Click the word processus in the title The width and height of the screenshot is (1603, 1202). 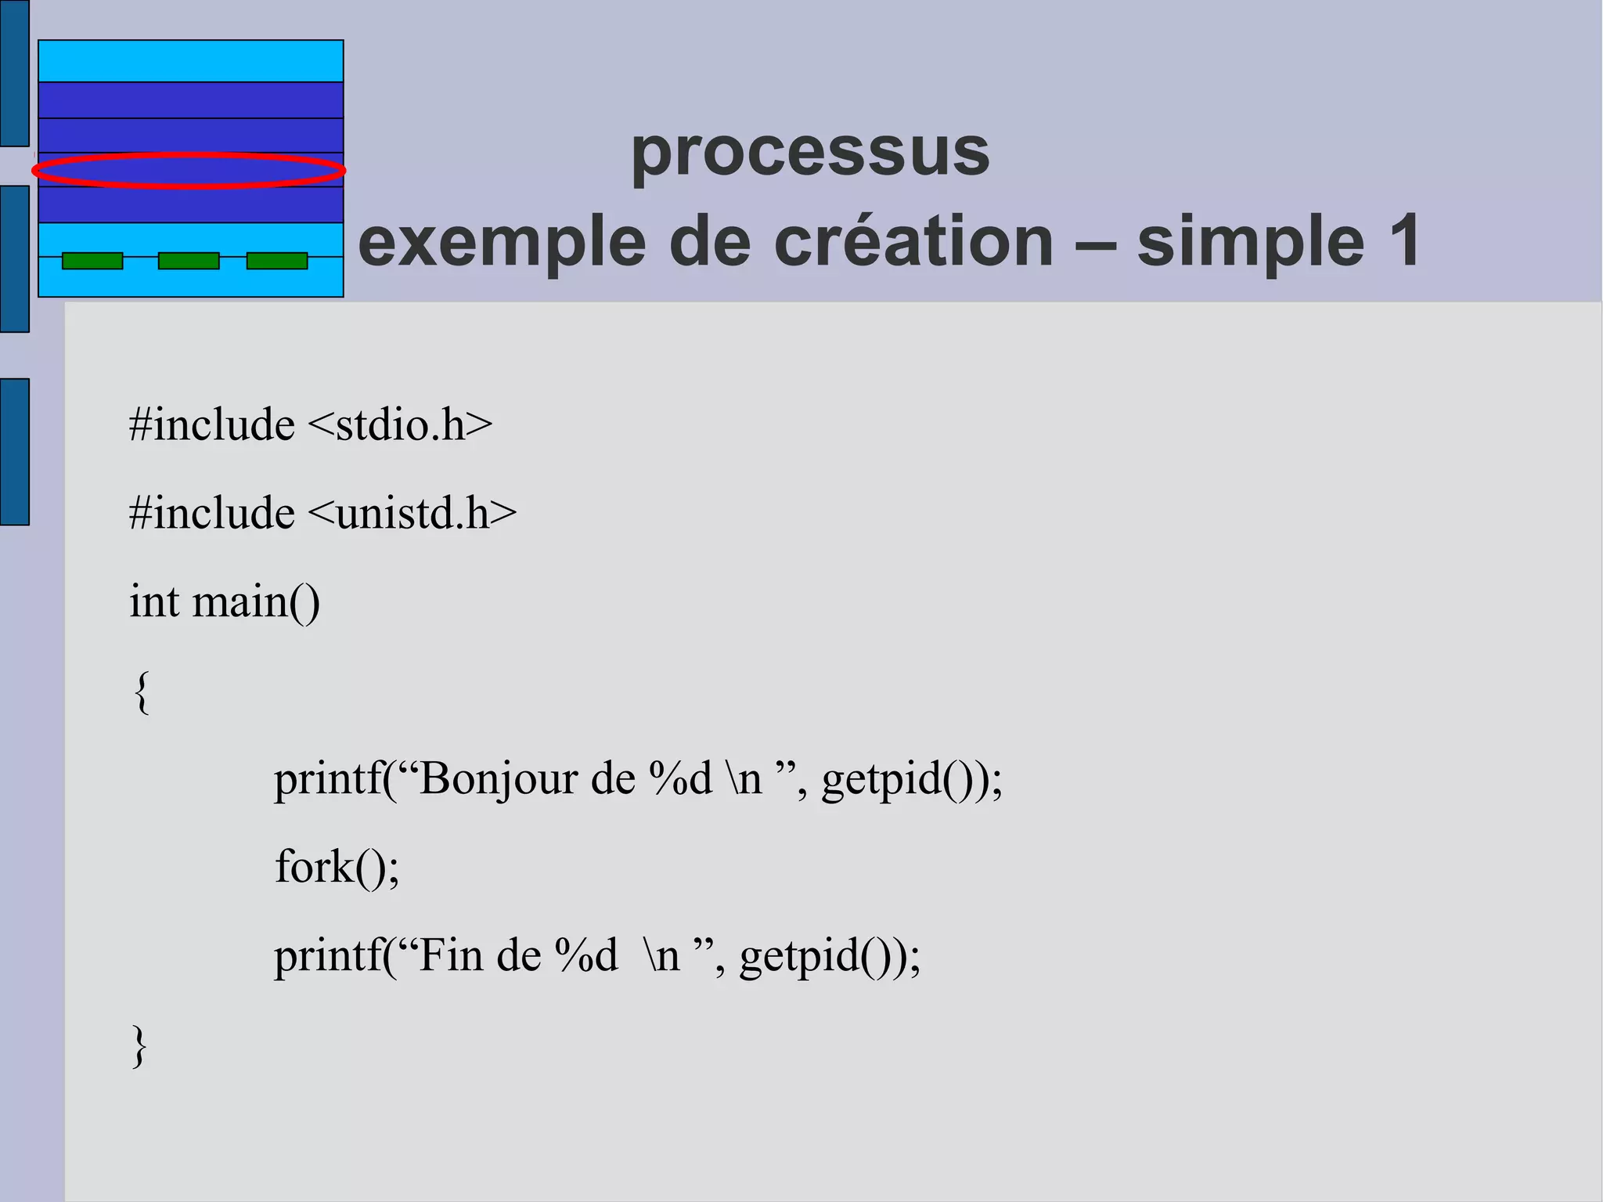click(x=810, y=153)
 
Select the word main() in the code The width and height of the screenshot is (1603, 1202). click(x=256, y=602)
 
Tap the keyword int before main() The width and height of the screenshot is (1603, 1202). click(x=154, y=602)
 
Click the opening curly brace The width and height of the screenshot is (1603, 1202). click(x=142, y=692)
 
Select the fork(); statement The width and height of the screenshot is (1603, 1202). click(x=337, y=868)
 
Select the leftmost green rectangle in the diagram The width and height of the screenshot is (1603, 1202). click(x=92, y=261)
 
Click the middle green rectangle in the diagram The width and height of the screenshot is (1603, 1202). click(x=189, y=261)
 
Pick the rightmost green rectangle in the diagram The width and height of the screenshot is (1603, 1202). click(x=277, y=261)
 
